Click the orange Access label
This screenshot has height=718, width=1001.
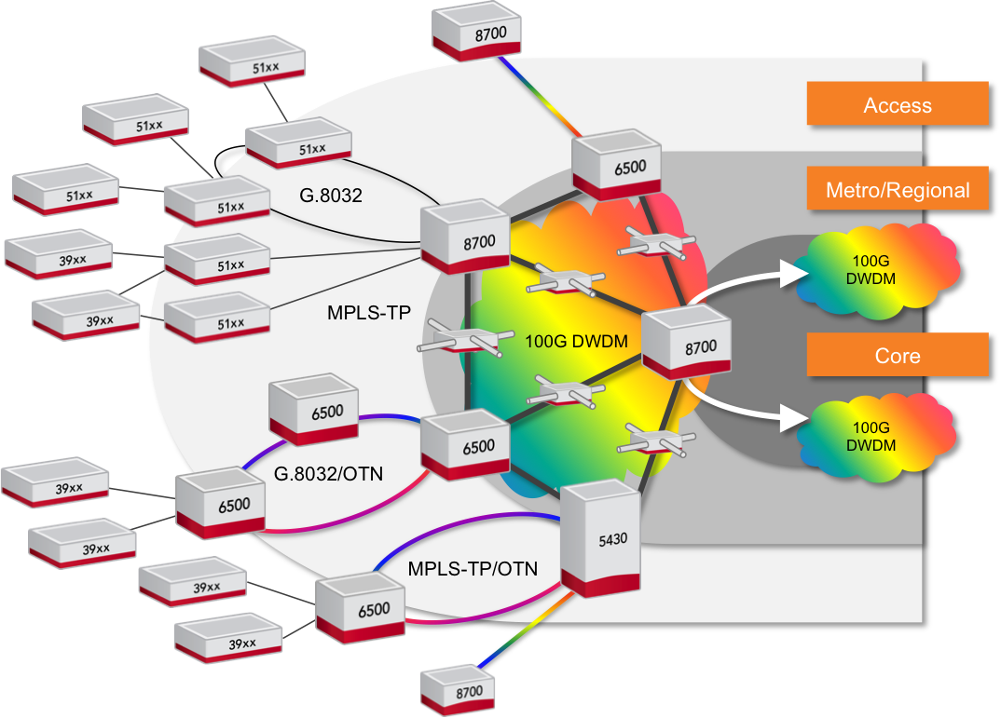(897, 104)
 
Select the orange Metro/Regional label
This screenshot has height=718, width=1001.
(897, 190)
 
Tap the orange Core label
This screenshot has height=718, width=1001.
(897, 355)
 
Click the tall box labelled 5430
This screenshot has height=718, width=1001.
(599, 540)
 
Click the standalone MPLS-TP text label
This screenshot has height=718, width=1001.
(369, 312)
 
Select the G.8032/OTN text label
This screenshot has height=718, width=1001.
(328, 474)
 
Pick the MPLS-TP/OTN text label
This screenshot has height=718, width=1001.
(473, 567)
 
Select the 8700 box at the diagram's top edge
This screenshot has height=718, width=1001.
(476, 34)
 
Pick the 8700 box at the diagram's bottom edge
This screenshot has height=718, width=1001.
(464, 691)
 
